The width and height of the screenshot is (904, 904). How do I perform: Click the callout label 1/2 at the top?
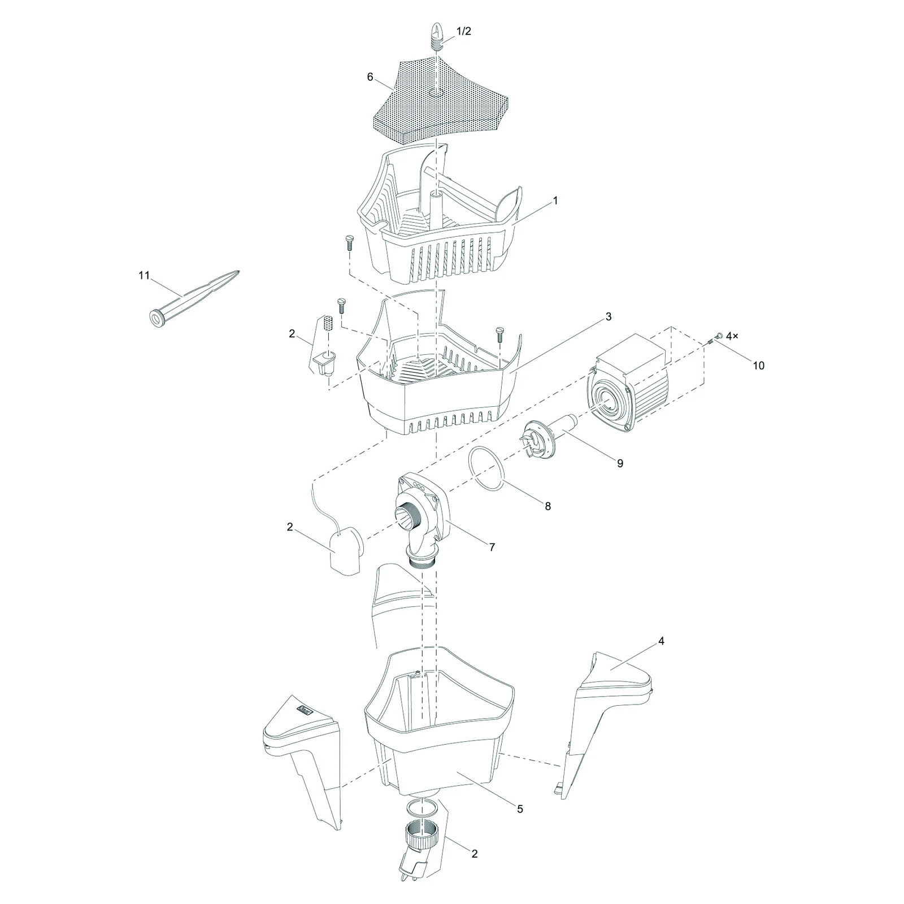click(x=463, y=32)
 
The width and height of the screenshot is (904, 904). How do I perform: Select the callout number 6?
click(x=370, y=77)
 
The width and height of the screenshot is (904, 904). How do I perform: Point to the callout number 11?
click(x=144, y=275)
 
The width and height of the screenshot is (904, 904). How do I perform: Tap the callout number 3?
click(x=609, y=316)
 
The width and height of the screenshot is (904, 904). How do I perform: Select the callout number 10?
click(x=759, y=366)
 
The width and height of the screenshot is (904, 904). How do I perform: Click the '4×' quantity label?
click(x=732, y=336)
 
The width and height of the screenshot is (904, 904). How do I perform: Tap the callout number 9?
click(x=620, y=463)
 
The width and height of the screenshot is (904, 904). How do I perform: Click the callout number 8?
click(x=547, y=506)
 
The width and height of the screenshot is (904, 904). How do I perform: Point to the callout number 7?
click(x=492, y=547)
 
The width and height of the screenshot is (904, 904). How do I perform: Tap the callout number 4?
click(x=661, y=641)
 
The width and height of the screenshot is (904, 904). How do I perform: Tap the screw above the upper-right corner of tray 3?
click(x=499, y=334)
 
